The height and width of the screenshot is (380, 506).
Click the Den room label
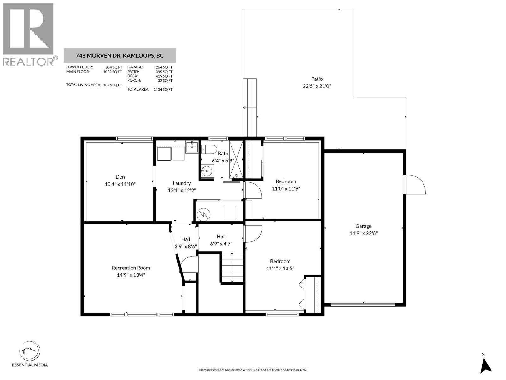(x=120, y=177)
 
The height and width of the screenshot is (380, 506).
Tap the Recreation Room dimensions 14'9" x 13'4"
(x=131, y=275)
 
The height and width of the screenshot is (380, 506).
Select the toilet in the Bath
(x=209, y=149)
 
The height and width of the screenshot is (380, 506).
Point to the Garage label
(x=363, y=226)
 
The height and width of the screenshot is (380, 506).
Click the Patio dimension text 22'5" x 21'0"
(x=317, y=86)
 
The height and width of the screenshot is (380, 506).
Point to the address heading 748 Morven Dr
(x=120, y=56)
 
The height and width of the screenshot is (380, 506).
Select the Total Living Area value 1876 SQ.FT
(x=113, y=85)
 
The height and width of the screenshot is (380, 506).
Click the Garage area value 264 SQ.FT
(x=164, y=67)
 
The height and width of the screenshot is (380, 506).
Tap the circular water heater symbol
(x=203, y=214)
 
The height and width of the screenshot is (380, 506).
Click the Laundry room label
(x=182, y=183)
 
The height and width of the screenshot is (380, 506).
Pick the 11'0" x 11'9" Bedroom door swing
(x=253, y=190)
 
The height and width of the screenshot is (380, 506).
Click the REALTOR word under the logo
(x=28, y=61)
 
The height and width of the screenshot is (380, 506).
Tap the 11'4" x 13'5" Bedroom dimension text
(x=280, y=269)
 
